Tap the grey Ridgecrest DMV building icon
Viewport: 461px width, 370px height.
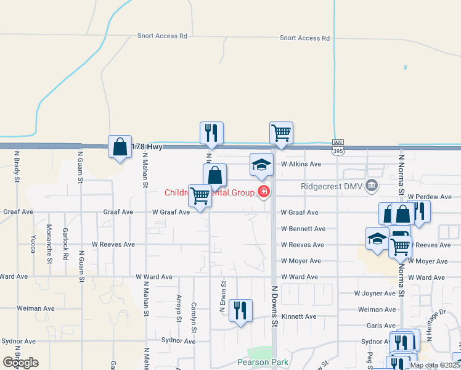pyautogui.click(x=371, y=185)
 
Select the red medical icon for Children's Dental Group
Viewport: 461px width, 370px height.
pyautogui.click(x=264, y=192)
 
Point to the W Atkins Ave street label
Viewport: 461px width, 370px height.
pyautogui.click(x=301, y=164)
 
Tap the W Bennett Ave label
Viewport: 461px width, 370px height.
pyautogui.click(x=303, y=229)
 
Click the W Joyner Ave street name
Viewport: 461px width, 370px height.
pyautogui.click(x=375, y=294)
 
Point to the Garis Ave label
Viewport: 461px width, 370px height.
pyautogui.click(x=381, y=326)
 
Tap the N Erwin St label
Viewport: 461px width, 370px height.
pyautogui.click(x=223, y=298)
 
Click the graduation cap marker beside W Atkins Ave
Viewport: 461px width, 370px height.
pyautogui.click(x=261, y=165)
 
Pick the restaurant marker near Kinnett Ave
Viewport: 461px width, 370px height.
pyautogui.click(x=240, y=310)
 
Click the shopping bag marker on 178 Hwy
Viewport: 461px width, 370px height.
pyautogui.click(x=120, y=147)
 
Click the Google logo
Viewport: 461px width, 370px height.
pyautogui.click(x=20, y=363)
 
